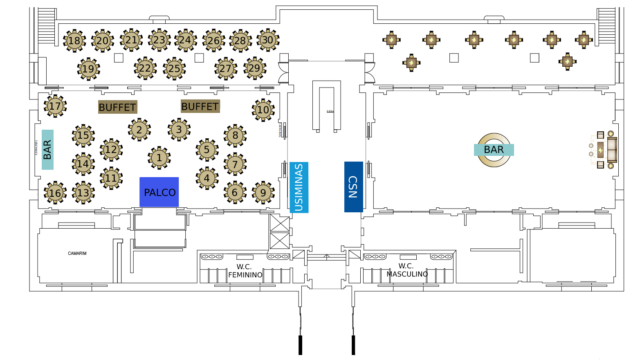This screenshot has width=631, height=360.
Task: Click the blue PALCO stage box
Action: click(159, 192)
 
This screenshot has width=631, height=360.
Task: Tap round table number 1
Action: click(159, 157)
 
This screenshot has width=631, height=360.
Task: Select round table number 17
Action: click(55, 106)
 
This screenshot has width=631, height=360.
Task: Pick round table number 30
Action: click(268, 40)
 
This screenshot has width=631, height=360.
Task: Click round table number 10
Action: click(263, 110)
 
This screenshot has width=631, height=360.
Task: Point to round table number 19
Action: click(88, 69)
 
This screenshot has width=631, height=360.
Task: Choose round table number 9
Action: click(263, 193)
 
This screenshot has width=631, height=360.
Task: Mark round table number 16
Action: click(55, 193)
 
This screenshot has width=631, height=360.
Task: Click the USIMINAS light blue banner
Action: click(299, 187)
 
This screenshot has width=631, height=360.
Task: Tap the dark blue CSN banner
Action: click(353, 187)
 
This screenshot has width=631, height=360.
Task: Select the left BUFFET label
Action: click(117, 107)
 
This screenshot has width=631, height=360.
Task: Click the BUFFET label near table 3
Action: click(200, 106)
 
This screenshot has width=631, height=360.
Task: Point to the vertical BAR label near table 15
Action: click(47, 150)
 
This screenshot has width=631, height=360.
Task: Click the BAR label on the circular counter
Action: click(494, 150)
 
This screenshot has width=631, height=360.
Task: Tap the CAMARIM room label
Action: click(77, 254)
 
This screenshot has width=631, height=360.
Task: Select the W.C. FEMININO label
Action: click(245, 271)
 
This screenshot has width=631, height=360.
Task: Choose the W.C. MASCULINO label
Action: click(407, 270)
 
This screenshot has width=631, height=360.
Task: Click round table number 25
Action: click(174, 69)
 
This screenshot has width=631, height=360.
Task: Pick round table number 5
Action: click(207, 150)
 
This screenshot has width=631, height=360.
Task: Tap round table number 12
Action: click(111, 150)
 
